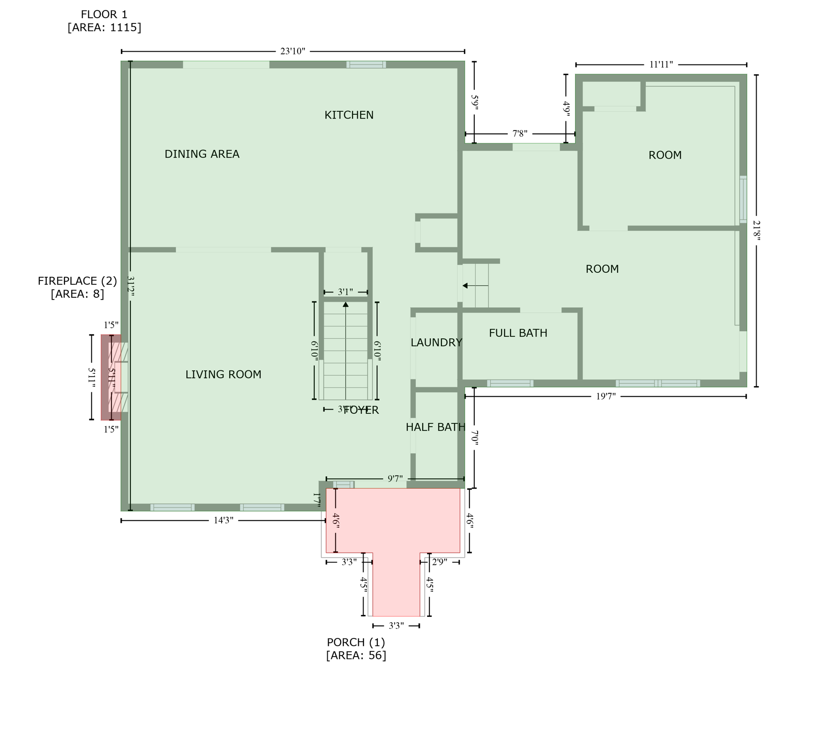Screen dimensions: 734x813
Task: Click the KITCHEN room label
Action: [349, 115]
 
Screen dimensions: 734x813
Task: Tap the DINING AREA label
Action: [202, 154]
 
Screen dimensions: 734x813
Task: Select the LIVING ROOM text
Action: [223, 375]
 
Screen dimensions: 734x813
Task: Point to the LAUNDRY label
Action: [436, 343]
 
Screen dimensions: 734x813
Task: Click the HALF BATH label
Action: [435, 427]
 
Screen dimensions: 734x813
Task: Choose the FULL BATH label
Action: [518, 333]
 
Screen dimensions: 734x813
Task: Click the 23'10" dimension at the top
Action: [292, 52]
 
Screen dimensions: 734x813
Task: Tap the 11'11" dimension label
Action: [661, 65]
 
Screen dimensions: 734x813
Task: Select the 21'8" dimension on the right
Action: [756, 230]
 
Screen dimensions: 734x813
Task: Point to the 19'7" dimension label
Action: [606, 396]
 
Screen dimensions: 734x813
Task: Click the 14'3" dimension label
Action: [223, 520]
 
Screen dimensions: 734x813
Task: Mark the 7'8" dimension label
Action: [520, 134]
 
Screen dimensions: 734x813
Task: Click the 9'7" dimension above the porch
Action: [395, 479]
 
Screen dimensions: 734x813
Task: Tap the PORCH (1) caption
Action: [356, 642]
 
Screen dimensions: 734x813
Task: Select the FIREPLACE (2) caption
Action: [77, 281]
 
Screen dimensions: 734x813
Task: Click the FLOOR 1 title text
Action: [104, 15]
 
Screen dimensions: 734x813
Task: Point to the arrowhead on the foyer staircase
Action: [345, 304]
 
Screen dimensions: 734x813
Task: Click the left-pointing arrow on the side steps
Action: [465, 286]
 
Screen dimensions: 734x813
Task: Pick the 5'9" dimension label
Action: [474, 102]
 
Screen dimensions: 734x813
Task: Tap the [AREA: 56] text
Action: [356, 656]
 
